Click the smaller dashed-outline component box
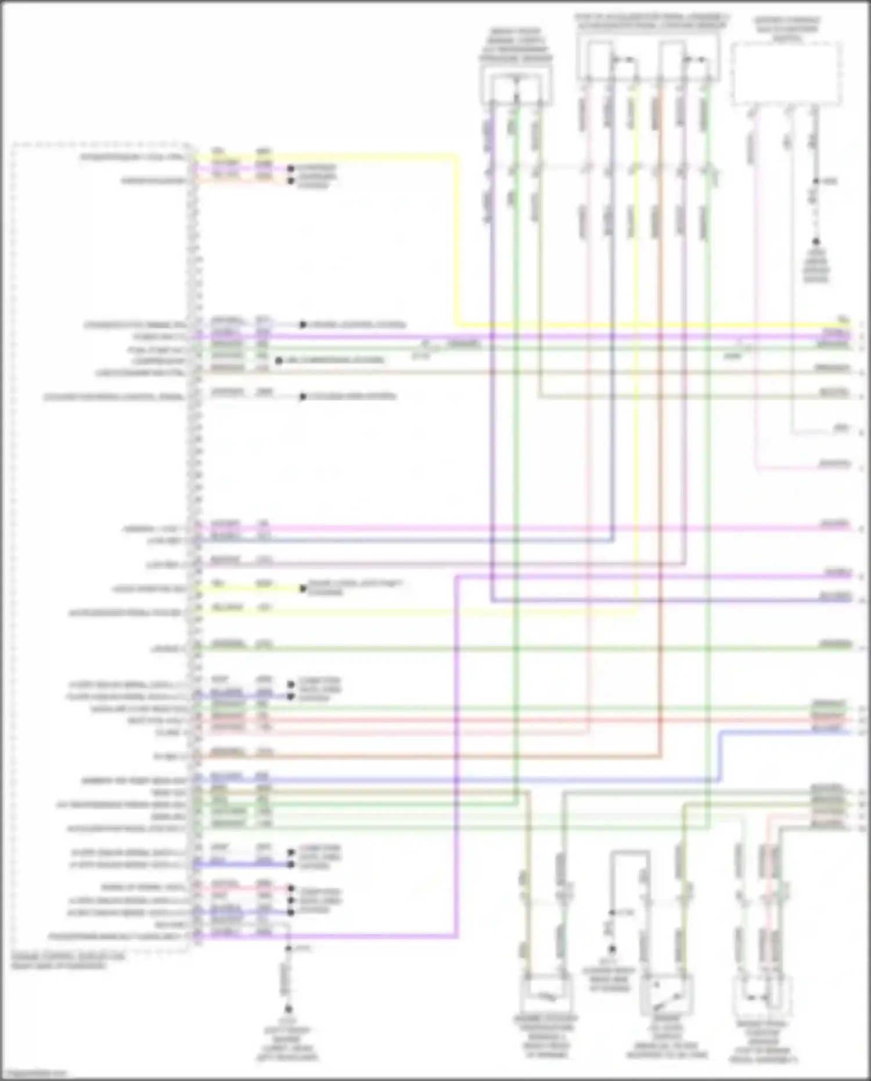(787, 73)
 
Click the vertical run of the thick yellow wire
(457, 238)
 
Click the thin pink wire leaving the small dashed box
(756, 290)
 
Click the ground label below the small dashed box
(816, 267)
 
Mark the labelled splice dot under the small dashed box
(816, 181)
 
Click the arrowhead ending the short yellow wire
(303, 588)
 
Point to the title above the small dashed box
(787, 29)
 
